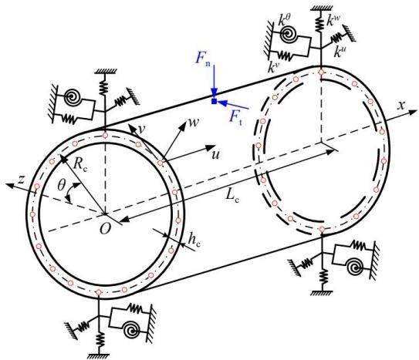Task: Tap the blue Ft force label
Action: click(x=236, y=118)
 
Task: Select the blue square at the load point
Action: click(x=214, y=101)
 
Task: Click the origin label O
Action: click(x=105, y=228)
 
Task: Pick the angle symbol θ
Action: click(x=61, y=185)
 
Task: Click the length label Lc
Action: click(x=232, y=196)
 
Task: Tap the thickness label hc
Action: click(x=194, y=240)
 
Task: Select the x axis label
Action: click(x=400, y=106)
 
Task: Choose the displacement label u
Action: click(x=215, y=154)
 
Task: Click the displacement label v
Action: click(x=142, y=129)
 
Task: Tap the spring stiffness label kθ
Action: click(x=284, y=20)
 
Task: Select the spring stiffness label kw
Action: click(x=333, y=19)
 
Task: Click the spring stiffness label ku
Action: click(x=339, y=52)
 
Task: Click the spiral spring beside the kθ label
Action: click(x=289, y=34)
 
